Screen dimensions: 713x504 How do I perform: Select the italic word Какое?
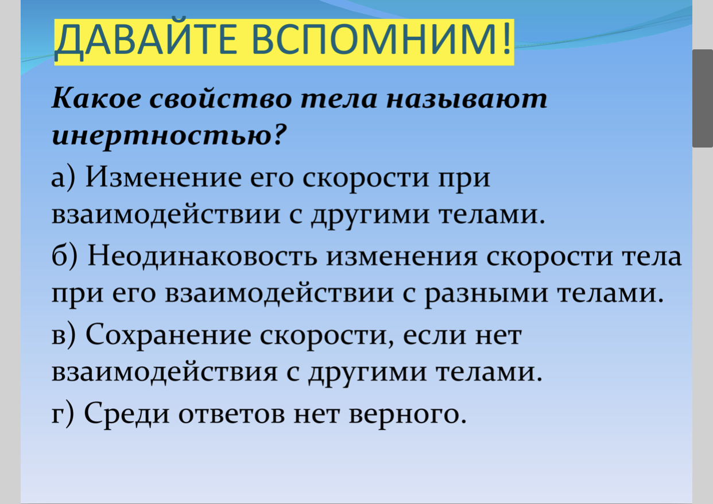tap(96, 98)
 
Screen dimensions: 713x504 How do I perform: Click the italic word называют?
tap(467, 99)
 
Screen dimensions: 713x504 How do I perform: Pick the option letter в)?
tap(63, 336)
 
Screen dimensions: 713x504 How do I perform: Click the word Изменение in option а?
tap(163, 177)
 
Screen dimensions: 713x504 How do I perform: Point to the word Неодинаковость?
tap(203, 257)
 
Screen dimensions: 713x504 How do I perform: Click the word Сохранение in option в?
tap(168, 335)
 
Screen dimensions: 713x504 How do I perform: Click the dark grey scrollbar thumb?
tap(703, 98)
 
